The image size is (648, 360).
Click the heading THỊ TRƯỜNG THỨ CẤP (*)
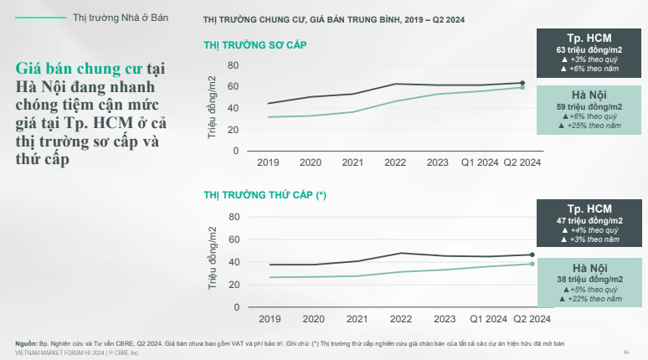265,194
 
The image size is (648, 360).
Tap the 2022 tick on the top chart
400,162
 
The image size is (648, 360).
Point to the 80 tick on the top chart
233,65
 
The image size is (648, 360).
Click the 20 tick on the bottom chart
234,285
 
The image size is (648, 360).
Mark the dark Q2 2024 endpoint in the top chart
522,83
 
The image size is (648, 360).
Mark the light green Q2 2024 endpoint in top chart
522,87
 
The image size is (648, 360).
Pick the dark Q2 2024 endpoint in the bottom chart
532,255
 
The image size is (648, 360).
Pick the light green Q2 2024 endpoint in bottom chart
532,264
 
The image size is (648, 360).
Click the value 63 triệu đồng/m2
591,50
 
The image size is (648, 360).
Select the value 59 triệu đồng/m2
591,107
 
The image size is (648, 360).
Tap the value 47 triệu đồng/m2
591,220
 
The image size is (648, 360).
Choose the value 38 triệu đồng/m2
591,279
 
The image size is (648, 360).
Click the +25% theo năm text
591,126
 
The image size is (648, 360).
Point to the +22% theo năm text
591,298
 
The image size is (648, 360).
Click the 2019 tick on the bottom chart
269,319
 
